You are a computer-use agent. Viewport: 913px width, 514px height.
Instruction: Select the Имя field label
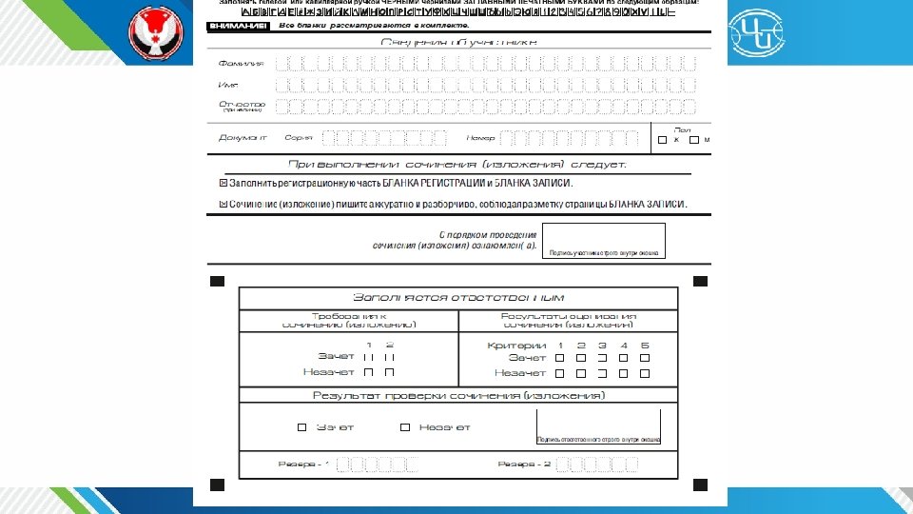228,85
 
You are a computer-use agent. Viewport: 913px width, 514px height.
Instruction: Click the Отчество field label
242,104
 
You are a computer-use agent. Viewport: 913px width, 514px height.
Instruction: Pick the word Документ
243,138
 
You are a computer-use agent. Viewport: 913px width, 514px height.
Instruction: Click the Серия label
299,138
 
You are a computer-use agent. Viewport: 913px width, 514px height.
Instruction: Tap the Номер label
481,138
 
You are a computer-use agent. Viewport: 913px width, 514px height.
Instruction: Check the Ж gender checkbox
662,140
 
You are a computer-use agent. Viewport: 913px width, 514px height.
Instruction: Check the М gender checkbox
693,140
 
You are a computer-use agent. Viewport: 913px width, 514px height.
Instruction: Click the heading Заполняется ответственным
458,297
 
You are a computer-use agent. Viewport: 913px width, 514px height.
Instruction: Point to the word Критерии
516,345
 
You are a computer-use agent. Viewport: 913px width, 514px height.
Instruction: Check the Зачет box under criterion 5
644,358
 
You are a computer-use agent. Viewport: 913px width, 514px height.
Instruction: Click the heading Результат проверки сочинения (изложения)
458,395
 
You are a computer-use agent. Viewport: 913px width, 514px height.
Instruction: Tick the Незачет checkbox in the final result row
405,427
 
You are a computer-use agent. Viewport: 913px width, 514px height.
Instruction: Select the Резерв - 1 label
303,464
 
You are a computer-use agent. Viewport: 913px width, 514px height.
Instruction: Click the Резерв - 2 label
524,464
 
